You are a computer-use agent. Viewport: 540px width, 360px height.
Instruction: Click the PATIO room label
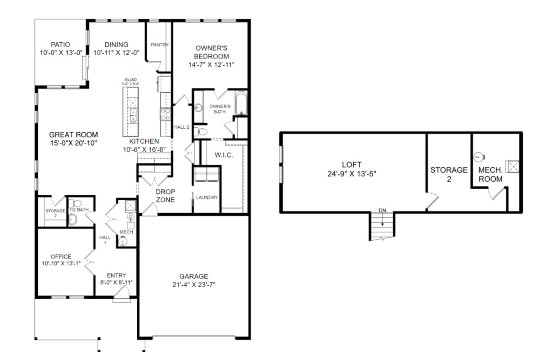click(60, 45)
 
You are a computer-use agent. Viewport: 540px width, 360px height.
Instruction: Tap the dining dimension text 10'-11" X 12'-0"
click(116, 53)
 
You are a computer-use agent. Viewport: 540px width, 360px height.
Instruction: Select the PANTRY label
click(160, 45)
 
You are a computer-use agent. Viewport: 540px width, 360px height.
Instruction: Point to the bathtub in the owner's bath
click(241, 103)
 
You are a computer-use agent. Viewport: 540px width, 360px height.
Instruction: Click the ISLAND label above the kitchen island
click(130, 80)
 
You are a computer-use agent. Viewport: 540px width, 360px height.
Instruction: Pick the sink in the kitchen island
click(133, 115)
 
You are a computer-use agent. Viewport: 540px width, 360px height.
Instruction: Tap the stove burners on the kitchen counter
click(166, 114)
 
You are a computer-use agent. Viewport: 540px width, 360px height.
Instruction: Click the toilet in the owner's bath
click(201, 132)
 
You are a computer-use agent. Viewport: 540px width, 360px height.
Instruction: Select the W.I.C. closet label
click(224, 155)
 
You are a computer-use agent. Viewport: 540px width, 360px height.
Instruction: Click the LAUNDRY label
click(207, 198)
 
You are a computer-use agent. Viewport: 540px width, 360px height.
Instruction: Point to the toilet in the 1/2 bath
click(76, 203)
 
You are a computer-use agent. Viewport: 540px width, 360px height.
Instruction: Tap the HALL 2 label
click(181, 127)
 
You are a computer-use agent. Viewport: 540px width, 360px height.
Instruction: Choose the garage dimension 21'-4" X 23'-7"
click(194, 285)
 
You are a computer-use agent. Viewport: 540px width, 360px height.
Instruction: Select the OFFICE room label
click(61, 256)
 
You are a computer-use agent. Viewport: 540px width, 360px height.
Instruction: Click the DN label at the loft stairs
click(382, 211)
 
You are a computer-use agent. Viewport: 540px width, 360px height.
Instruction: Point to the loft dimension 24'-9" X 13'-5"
click(351, 174)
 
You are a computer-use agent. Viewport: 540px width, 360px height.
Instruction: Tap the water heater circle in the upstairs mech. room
click(478, 157)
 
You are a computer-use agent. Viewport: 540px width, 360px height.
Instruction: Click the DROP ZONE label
click(166, 196)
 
